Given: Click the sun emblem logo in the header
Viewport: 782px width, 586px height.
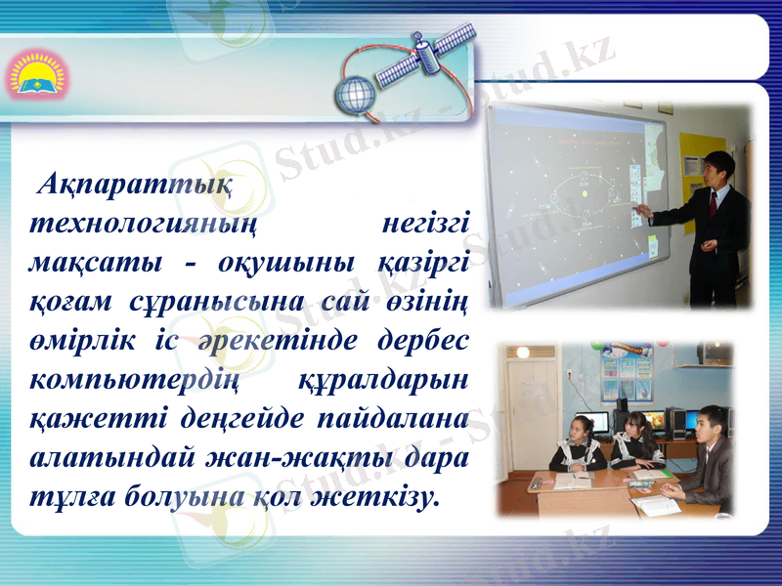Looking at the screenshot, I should point(34,74).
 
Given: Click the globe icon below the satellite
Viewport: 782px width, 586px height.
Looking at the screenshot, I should point(354,95).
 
